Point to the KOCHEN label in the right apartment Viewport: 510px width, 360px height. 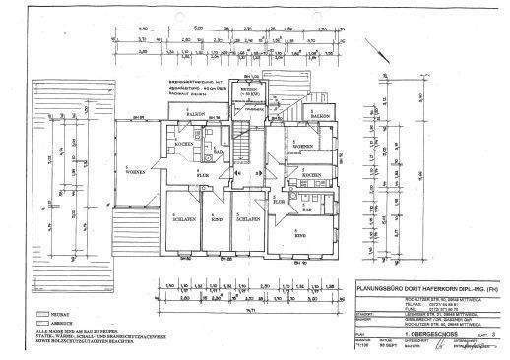(312, 174)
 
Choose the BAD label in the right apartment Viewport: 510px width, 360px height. (308, 210)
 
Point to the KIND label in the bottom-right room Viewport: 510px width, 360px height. (301, 236)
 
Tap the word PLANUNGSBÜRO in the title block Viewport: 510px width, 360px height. (380, 289)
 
